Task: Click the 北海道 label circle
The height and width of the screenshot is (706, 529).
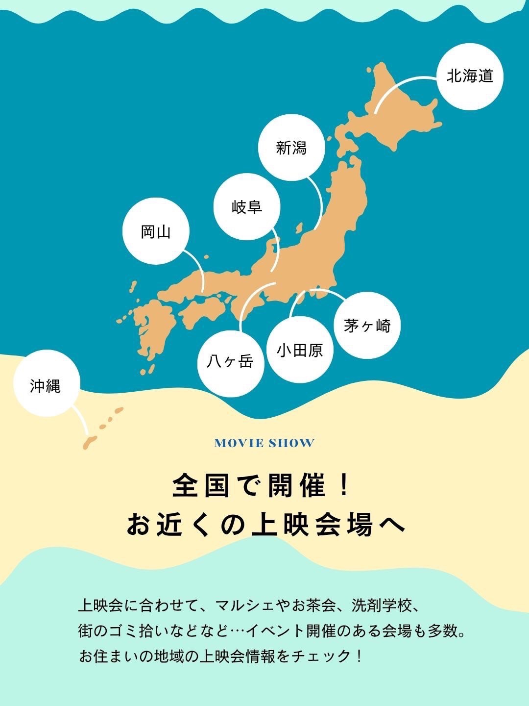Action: tap(470, 76)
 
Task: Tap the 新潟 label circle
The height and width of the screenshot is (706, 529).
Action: tap(291, 148)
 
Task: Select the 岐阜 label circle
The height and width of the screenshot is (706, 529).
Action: tap(247, 207)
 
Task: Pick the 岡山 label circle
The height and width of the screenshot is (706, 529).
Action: tap(156, 231)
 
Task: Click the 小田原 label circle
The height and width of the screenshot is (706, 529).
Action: tap(300, 350)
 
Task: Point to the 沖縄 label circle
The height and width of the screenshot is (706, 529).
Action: tap(46, 386)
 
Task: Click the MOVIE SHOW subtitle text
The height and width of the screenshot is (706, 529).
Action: tap(264, 443)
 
